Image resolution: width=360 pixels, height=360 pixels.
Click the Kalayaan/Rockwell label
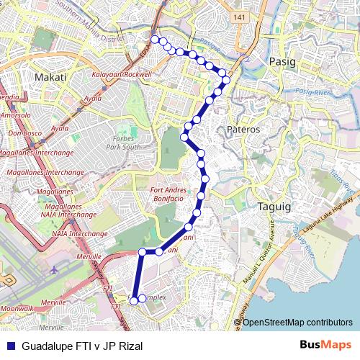[122, 74]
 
